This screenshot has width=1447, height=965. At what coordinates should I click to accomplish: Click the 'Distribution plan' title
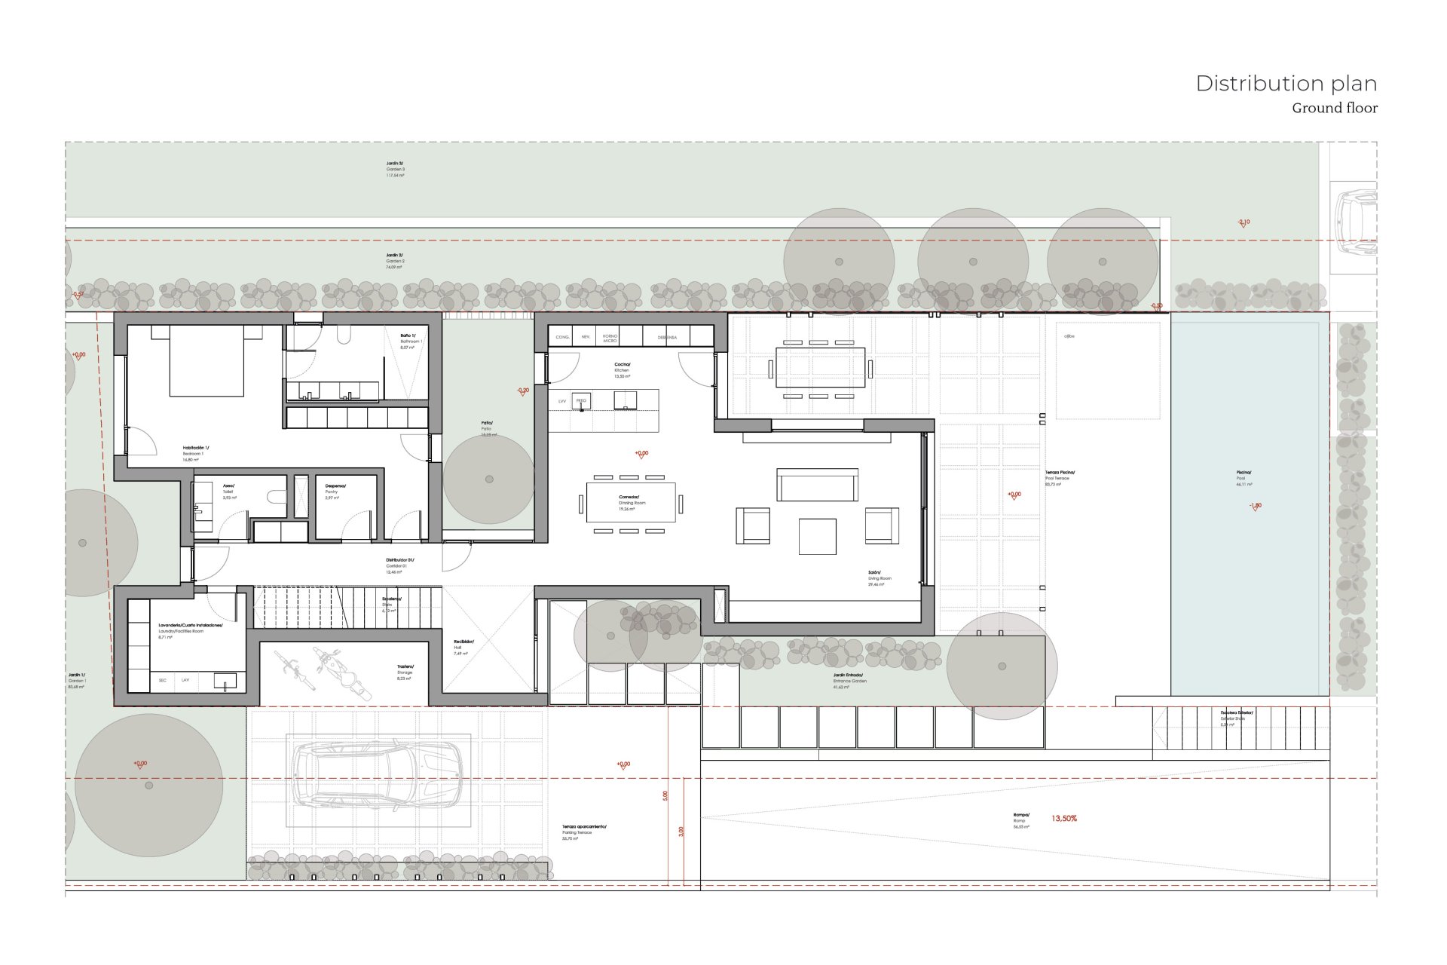[x=1286, y=84]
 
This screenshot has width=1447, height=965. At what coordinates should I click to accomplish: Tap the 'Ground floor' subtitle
[x=1334, y=109]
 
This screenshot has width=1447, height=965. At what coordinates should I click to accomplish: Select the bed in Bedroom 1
[x=206, y=362]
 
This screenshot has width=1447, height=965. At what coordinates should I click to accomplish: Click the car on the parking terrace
[x=377, y=776]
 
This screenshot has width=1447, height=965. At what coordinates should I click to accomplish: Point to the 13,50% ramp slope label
[x=1064, y=819]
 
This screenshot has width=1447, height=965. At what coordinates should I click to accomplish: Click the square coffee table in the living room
[x=817, y=536]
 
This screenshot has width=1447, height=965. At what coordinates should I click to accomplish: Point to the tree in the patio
[x=489, y=479]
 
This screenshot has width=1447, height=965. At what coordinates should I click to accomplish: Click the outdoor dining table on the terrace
[x=820, y=368]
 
